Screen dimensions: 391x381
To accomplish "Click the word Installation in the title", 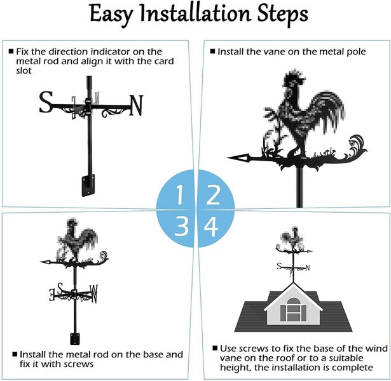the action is pyautogui.click(x=195, y=13).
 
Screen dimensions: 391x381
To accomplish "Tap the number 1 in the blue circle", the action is pyautogui.click(x=179, y=195).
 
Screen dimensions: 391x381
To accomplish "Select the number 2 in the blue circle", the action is pyautogui.click(x=213, y=194).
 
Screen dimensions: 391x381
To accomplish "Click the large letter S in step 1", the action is pyautogui.click(x=46, y=102).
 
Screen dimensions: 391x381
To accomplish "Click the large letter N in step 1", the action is pyautogui.click(x=136, y=105).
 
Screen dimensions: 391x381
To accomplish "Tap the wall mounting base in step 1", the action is pyautogui.click(x=88, y=185).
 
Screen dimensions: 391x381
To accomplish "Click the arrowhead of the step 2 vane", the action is pyautogui.click(x=238, y=157).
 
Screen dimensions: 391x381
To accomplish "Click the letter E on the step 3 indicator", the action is pyautogui.click(x=52, y=295).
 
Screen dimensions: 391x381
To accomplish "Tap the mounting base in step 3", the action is pyautogui.click(x=75, y=338).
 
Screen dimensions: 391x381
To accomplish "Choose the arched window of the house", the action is pyautogui.click(x=294, y=309).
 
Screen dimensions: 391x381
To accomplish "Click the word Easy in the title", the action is pyautogui.click(x=111, y=15).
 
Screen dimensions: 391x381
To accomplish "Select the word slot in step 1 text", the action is pyautogui.click(x=24, y=70).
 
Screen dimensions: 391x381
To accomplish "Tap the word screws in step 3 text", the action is pyautogui.click(x=79, y=364).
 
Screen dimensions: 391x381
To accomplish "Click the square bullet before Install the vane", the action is pyautogui.click(x=212, y=51).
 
